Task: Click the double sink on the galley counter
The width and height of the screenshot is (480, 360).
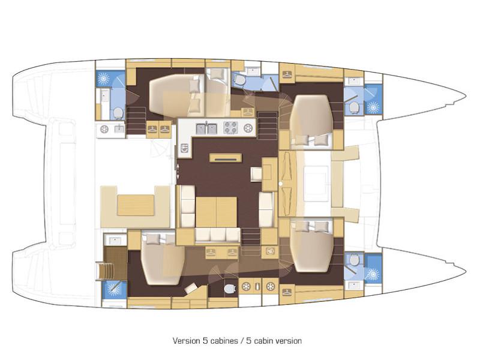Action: click(206, 128)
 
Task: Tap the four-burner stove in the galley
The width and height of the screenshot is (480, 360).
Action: click(230, 128)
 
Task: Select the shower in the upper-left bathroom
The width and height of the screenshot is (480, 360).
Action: click(103, 79)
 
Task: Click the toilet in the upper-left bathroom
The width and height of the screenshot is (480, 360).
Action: click(118, 113)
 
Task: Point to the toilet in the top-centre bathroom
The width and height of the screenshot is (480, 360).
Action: click(239, 81)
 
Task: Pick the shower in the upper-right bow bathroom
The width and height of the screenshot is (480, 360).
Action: click(373, 107)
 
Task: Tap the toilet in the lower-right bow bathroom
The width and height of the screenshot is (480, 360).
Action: click(354, 260)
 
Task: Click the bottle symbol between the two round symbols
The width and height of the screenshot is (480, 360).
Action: click(257, 287)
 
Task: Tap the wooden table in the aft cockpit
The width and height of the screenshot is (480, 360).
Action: click(136, 205)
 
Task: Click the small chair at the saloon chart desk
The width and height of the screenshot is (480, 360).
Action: click(256, 174)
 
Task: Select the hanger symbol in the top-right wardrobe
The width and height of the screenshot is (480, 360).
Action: click(287, 74)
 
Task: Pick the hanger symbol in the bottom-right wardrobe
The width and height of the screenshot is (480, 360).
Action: click(287, 292)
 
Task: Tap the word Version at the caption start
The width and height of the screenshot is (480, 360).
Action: click(186, 341)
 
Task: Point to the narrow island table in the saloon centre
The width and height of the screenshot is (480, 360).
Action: click(226, 158)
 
